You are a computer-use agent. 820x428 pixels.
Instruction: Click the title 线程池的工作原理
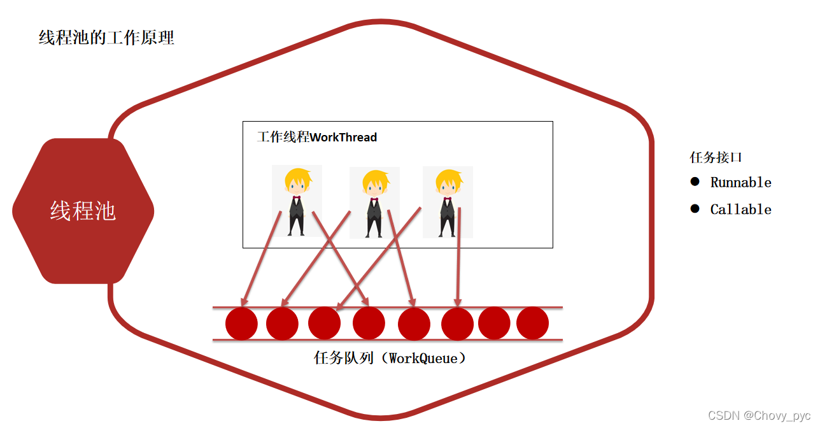pyautogui.click(x=106, y=38)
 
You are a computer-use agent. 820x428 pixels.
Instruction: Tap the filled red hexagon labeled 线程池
pyautogui.click(x=83, y=211)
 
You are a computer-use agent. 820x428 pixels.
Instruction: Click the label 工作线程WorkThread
pyautogui.click(x=317, y=137)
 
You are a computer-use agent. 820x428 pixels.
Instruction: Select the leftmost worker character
pyautogui.click(x=297, y=201)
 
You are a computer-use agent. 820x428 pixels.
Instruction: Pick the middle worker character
pyautogui.click(x=374, y=203)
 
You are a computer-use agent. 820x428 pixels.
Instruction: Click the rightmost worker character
pyautogui.click(x=448, y=202)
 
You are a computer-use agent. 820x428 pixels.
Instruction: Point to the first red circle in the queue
pyautogui.click(x=241, y=324)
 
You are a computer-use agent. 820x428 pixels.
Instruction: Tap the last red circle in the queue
pyautogui.click(x=532, y=324)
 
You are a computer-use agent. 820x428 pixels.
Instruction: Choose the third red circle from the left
pyautogui.click(x=324, y=323)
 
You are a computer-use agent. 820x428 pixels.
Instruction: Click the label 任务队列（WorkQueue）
pyautogui.click(x=390, y=358)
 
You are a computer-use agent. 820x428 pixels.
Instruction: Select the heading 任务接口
pyautogui.click(x=716, y=157)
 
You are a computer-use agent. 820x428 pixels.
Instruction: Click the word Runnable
pyautogui.click(x=740, y=183)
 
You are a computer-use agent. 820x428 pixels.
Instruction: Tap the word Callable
pyautogui.click(x=740, y=210)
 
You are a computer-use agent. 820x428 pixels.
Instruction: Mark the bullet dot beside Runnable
pyautogui.click(x=695, y=182)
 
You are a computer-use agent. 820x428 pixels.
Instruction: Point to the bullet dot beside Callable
pyautogui.click(x=695, y=209)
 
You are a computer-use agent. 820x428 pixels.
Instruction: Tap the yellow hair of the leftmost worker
pyautogui.click(x=297, y=177)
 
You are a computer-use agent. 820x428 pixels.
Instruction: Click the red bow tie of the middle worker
pyautogui.click(x=374, y=201)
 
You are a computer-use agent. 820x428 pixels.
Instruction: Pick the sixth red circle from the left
pyautogui.click(x=457, y=324)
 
